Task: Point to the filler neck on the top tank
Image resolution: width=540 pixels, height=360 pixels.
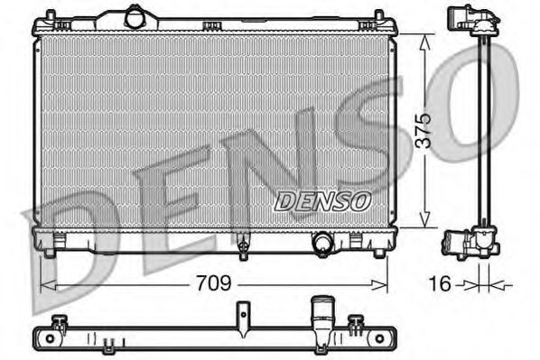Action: pyautogui.click(x=135, y=16)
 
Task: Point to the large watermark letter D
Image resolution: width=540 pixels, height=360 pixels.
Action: pyautogui.click(x=72, y=244)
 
